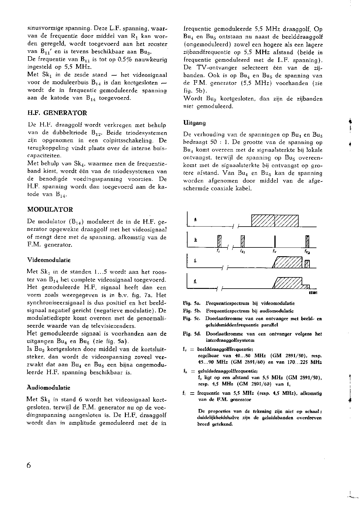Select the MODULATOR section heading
[x=50, y=210]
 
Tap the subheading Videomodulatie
[x=49, y=260]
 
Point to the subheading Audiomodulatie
[x=48, y=388]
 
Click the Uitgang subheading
[x=195, y=123]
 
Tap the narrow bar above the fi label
[x=220, y=241]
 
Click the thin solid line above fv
[x=275, y=241]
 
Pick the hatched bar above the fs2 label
[x=307, y=241]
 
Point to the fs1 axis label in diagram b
[x=242, y=251]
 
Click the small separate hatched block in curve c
[x=307, y=264]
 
